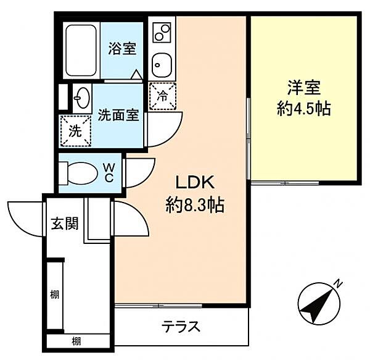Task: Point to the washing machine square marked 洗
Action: coord(73,131)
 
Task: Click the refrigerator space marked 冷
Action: coord(163,96)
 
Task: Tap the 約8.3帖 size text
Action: coord(195,204)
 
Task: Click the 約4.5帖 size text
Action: coord(305,109)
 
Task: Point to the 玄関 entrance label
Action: coord(65,224)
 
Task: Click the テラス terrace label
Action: coord(181,327)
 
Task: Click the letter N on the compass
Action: coord(338,283)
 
